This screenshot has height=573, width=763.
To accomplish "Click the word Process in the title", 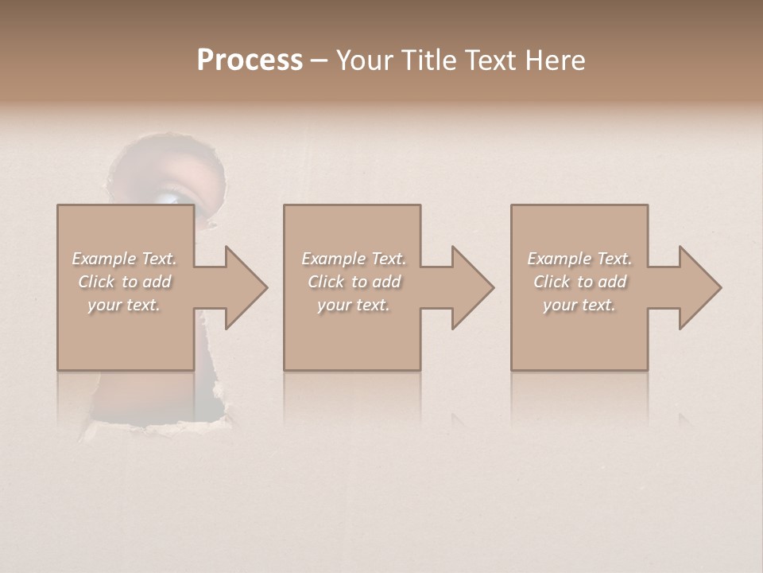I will pyautogui.click(x=250, y=60).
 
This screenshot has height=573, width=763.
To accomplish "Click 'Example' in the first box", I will pyautogui.click(x=103, y=259).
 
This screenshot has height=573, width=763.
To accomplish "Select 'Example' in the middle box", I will pyautogui.click(x=333, y=259).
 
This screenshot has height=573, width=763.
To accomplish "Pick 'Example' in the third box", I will pyautogui.click(x=559, y=259).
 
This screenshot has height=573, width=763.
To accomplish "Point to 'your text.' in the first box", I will pyautogui.click(x=124, y=305).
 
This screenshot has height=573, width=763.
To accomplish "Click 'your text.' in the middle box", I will pyautogui.click(x=354, y=305).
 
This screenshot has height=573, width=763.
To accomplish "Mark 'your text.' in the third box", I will pyautogui.click(x=579, y=305).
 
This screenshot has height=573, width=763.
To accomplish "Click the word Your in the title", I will pyautogui.click(x=363, y=60).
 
